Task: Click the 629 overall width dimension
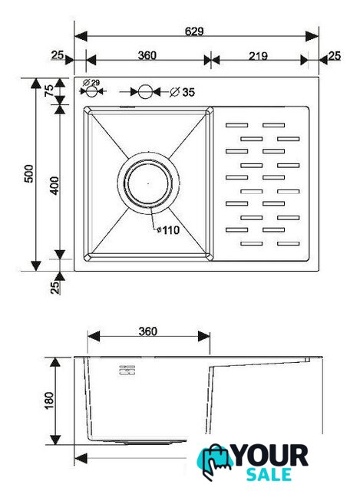pyautogui.click(x=194, y=31)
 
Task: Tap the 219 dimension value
pyautogui.click(x=258, y=56)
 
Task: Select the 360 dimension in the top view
pyautogui.click(x=147, y=55)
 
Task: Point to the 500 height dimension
pyautogui.click(x=28, y=173)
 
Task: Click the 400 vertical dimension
pyautogui.click(x=54, y=186)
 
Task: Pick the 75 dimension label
pyautogui.click(x=49, y=91)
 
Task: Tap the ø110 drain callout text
pyautogui.click(x=169, y=230)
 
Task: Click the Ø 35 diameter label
pyautogui.click(x=183, y=92)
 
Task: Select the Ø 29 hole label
pyautogui.click(x=91, y=83)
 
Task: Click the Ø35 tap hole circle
pyautogui.click(x=145, y=92)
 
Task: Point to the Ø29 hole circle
pyautogui.click(x=91, y=91)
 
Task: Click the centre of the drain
pyautogui.click(x=148, y=183)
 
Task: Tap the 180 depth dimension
pyautogui.click(x=49, y=400)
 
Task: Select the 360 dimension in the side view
pyautogui.click(x=147, y=331)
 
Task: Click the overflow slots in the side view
pyautogui.click(x=127, y=370)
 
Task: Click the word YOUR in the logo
pyautogui.click(x=271, y=456)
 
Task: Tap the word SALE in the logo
pyautogui.click(x=269, y=474)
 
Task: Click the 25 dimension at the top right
pyautogui.click(x=335, y=56)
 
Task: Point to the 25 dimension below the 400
pyautogui.click(x=54, y=287)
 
